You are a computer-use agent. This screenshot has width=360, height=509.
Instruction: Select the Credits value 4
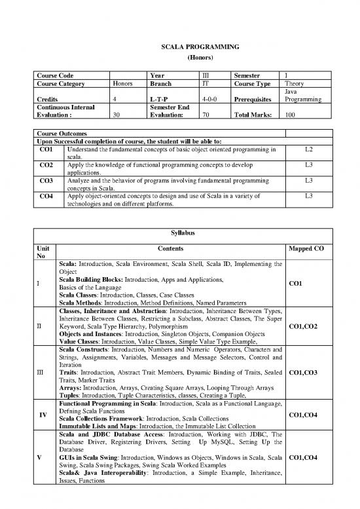[x=115, y=100]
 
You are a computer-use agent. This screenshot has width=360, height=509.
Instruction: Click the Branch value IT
[x=206, y=84]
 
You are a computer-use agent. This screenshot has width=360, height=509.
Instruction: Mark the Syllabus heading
[x=179, y=232]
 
